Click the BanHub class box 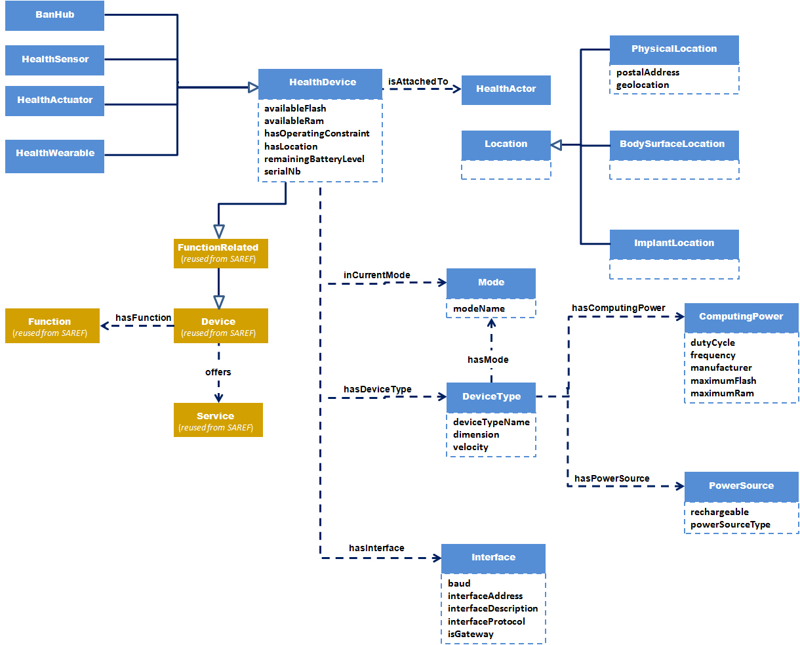click(x=54, y=15)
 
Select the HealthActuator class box click(x=54, y=100)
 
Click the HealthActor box click(x=506, y=89)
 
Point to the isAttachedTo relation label click(x=418, y=81)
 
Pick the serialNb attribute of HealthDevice click(x=283, y=171)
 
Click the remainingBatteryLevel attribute click(x=314, y=159)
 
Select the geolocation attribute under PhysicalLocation click(x=643, y=85)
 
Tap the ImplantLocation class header click(x=674, y=243)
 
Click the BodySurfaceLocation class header click(x=674, y=144)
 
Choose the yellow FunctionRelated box click(x=218, y=253)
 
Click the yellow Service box click(x=218, y=421)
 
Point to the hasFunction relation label click(x=143, y=318)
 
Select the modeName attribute click(x=479, y=308)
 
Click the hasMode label click(x=488, y=360)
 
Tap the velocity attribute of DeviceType click(x=471, y=447)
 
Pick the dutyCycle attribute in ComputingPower click(x=713, y=343)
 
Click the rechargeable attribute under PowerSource click(x=719, y=512)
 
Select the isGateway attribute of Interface click(x=471, y=634)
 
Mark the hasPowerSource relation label click(x=612, y=478)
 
